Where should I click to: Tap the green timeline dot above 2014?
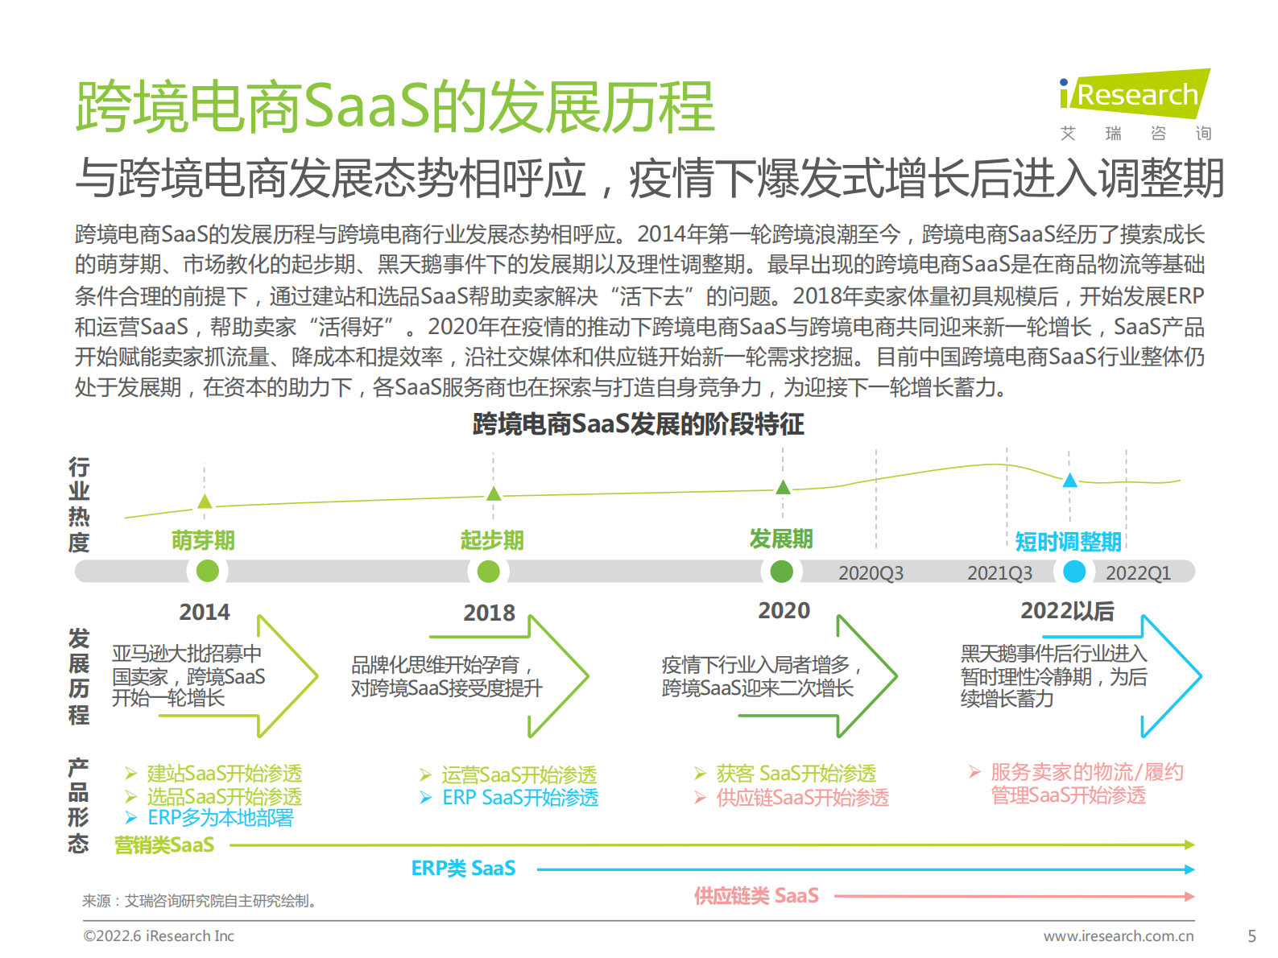[208, 571]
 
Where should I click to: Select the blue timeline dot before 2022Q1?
[1074, 572]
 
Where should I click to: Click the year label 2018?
[489, 613]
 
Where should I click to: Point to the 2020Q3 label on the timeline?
[871, 573]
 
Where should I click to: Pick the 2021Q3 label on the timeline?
[999, 573]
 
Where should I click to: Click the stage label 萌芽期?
[203, 540]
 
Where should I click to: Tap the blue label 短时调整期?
[1068, 542]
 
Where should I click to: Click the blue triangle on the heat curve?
[1069, 481]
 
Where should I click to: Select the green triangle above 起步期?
[494, 493]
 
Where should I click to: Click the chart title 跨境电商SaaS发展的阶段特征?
[638, 424]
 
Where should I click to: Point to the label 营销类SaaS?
[164, 845]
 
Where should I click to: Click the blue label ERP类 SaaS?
[463, 869]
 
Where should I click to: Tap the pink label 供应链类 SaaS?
[756, 896]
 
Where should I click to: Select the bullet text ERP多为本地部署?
[220, 818]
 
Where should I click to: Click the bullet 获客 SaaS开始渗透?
[796, 774]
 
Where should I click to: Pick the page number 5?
[1251, 936]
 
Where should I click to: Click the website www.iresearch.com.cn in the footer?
[1119, 936]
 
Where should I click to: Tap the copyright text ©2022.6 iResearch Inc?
[159, 936]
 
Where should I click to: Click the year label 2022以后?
[1067, 611]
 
